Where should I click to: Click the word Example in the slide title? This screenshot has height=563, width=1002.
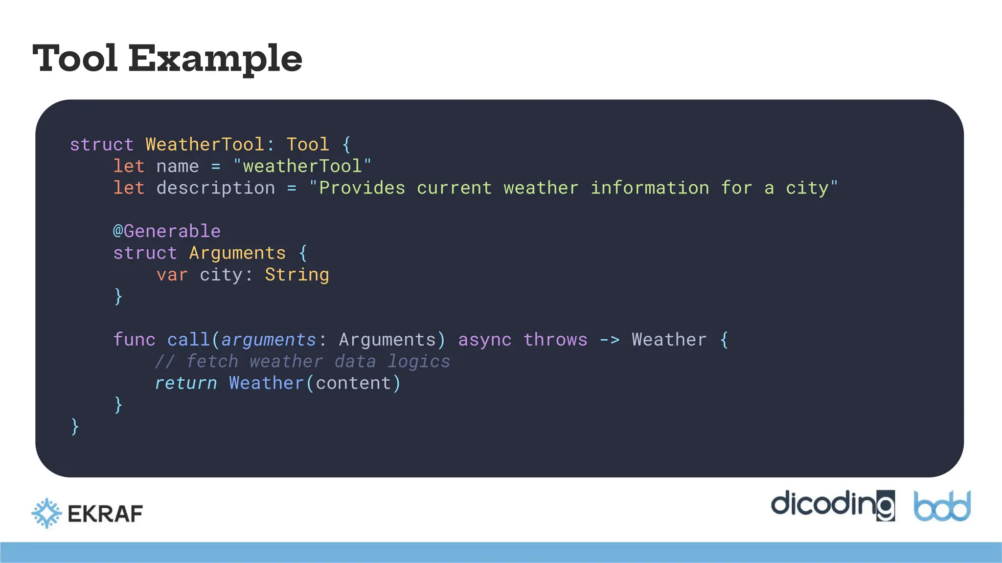pos(215,59)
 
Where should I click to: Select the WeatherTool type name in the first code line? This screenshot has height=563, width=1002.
pos(205,145)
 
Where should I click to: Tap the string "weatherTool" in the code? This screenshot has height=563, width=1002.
pos(302,166)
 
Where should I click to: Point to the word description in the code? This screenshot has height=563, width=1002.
pos(216,188)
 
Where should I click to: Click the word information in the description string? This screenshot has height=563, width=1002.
pos(650,188)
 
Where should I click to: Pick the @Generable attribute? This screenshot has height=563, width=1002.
pos(167,231)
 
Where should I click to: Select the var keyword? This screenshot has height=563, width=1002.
pos(172,275)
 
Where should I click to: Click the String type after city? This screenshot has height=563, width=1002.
pos(297,275)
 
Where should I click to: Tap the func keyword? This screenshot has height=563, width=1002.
pos(134,340)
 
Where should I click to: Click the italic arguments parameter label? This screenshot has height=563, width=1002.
pos(269,340)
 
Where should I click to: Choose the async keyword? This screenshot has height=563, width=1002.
pos(485,340)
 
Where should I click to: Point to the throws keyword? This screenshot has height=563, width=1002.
pos(555,340)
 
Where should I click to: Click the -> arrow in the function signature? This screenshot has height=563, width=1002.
pos(610,340)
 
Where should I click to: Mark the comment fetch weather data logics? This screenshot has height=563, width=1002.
pos(302,362)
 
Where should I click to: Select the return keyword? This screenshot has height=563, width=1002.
pos(186,383)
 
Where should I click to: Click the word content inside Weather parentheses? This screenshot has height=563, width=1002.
pos(353,383)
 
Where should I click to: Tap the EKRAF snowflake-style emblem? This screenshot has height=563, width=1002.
pos(46,513)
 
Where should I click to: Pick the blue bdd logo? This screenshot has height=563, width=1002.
pos(942,506)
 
